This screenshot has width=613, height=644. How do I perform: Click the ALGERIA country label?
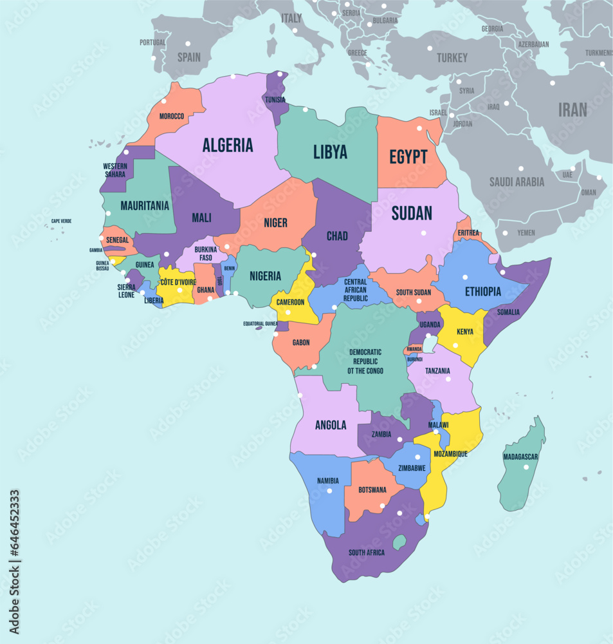tap(228, 145)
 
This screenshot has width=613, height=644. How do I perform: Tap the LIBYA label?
tap(330, 152)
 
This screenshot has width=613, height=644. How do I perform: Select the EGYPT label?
tap(408, 156)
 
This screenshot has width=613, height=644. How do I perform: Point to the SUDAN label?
tap(412, 213)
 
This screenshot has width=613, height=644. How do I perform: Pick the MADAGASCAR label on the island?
tap(521, 457)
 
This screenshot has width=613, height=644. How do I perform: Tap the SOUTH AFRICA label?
tap(367, 553)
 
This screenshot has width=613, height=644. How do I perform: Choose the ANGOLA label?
tap(331, 425)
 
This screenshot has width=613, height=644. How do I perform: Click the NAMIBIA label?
tap(327, 480)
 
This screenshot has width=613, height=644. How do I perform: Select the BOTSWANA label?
tap(372, 489)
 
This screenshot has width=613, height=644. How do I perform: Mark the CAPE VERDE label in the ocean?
tap(62, 221)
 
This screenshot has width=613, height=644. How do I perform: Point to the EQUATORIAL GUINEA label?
tap(270, 324)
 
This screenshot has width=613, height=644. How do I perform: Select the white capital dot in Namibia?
tap(329, 491)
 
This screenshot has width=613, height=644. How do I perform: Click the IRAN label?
tap(572, 109)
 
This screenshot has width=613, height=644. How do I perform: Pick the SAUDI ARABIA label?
tap(517, 182)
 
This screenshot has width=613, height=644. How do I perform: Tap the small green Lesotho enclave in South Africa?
tap(399, 542)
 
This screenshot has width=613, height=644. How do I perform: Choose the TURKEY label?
tap(452, 58)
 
